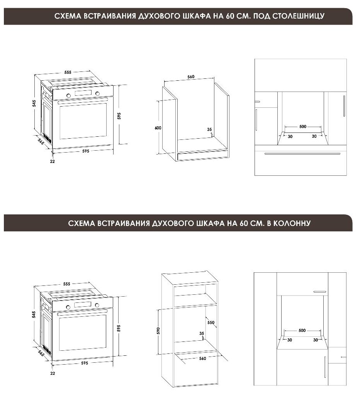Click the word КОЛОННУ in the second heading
(294, 223)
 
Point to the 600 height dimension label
(158, 128)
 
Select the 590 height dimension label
(158, 331)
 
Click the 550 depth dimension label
(211, 323)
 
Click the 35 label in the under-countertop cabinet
(209, 130)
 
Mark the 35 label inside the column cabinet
(201, 333)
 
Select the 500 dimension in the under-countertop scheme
(302, 127)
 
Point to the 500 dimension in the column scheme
(302, 331)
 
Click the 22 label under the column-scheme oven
(53, 374)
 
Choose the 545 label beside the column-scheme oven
(34, 315)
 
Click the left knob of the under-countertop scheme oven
(69, 95)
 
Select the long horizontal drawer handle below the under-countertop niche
(302, 154)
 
